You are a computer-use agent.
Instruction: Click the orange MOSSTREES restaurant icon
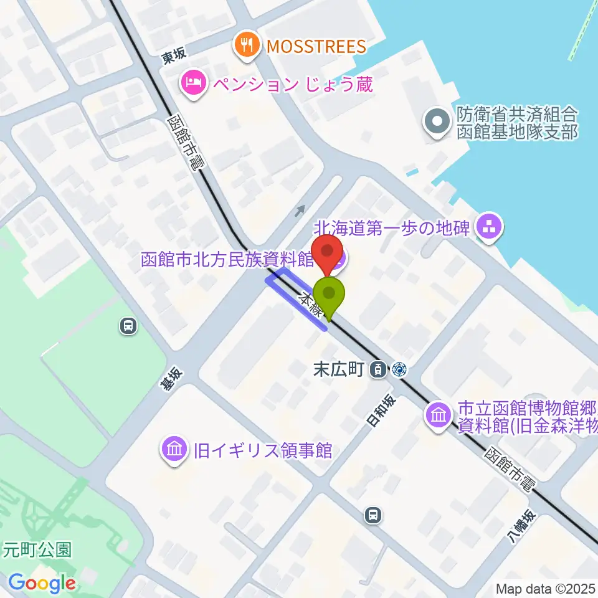pos(247,46)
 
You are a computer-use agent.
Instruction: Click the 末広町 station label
pos(338,369)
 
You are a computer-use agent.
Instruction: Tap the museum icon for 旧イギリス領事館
pos(174,450)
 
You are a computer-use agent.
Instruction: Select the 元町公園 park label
pos(37,549)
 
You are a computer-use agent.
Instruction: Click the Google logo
pos(42,583)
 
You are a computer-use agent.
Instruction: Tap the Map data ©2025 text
pos(544,588)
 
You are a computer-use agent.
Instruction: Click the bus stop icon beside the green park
pos(128,326)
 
